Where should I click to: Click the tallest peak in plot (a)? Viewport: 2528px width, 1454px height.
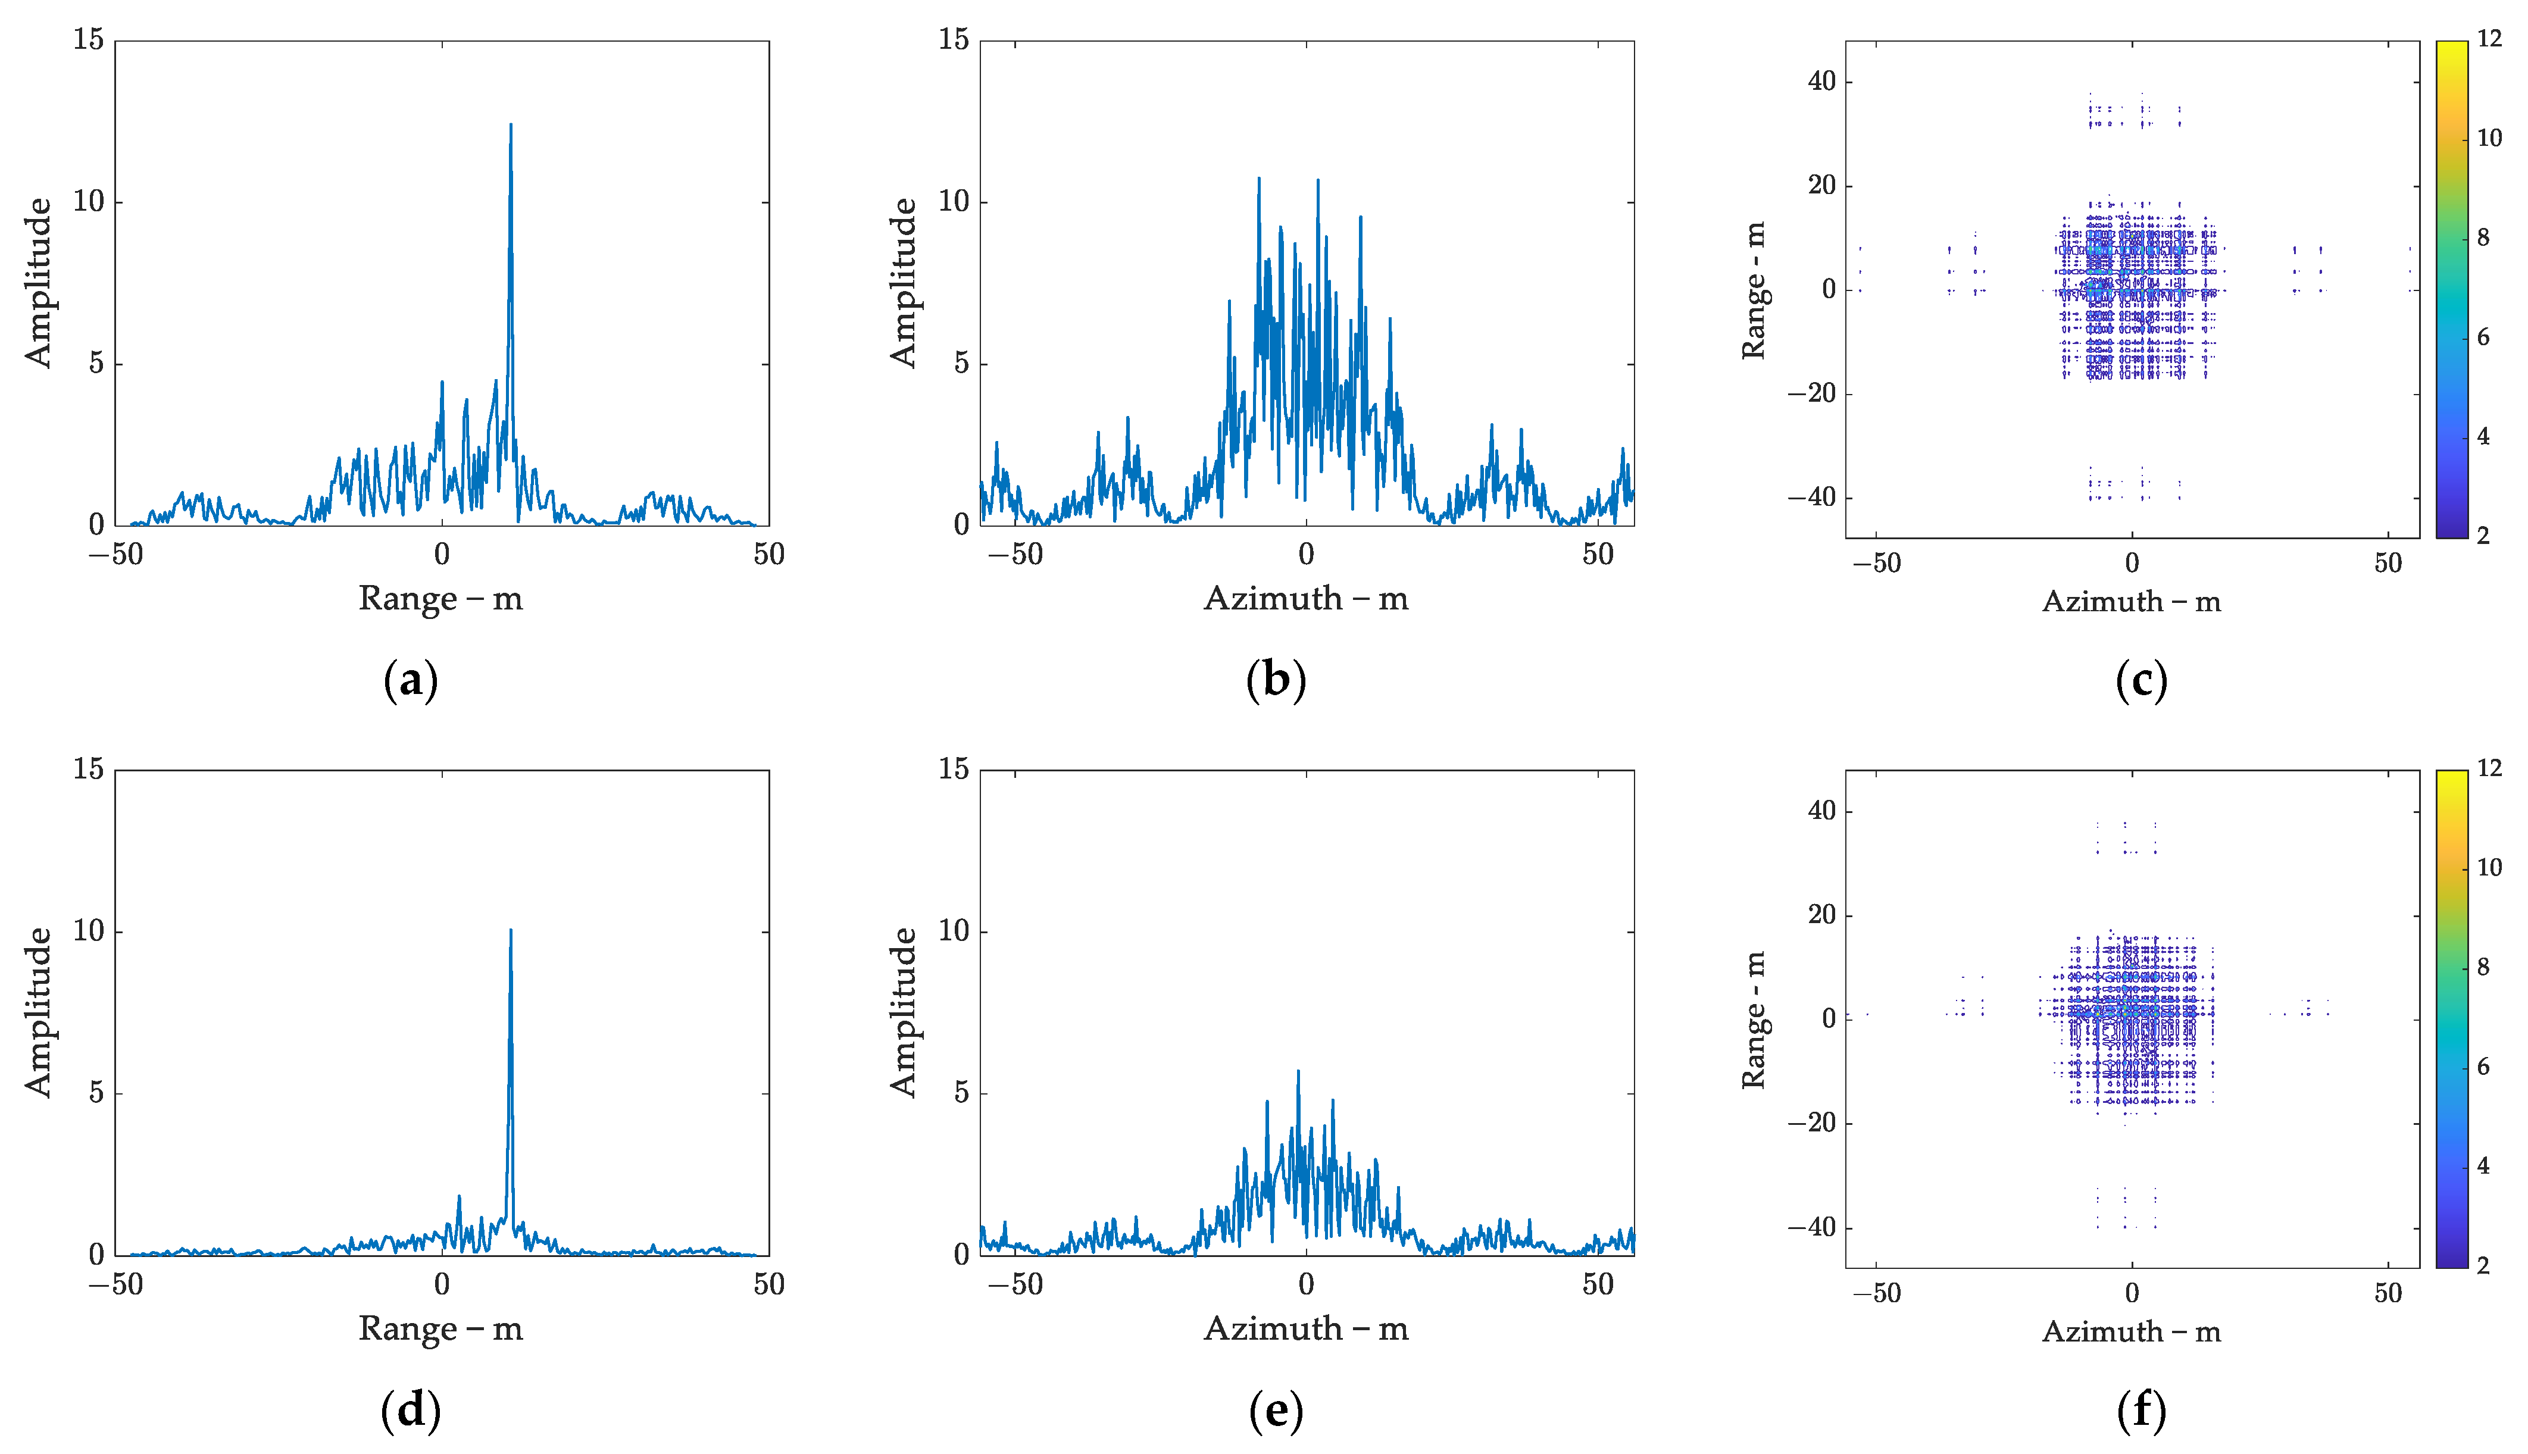pos(510,126)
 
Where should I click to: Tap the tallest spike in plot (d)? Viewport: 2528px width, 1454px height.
pos(510,931)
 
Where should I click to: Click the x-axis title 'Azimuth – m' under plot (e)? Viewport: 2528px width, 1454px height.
pos(1306,1328)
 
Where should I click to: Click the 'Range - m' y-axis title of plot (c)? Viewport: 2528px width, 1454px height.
pos(1754,290)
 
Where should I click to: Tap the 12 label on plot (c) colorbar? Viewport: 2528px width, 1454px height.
pos(2489,39)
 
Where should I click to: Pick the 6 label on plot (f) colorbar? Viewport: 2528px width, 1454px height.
pos(2483,1067)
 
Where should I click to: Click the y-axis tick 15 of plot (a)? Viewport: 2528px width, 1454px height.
pos(88,40)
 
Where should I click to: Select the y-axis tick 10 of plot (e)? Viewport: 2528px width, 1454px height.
pos(954,931)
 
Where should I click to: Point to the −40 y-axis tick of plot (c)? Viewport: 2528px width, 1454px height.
pos(1812,498)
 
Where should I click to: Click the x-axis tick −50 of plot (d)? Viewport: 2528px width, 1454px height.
pos(116,1284)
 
